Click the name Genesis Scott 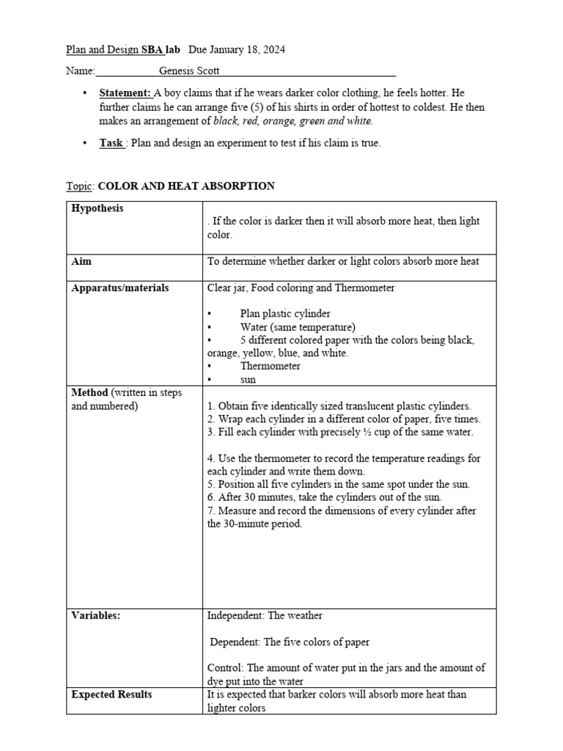pos(189,71)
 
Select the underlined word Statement pos(125,93)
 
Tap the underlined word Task pos(111,143)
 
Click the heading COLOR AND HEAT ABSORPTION pos(186,186)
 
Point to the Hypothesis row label pos(97,208)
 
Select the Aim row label pos(81,261)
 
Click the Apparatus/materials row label pos(119,287)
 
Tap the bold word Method pos(89,392)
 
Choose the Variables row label pos(95,616)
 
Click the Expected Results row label pos(111,694)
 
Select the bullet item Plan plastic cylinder pos(285,313)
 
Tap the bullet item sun pos(248,379)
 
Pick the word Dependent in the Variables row pos(235,642)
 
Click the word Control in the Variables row pos(225,667)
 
